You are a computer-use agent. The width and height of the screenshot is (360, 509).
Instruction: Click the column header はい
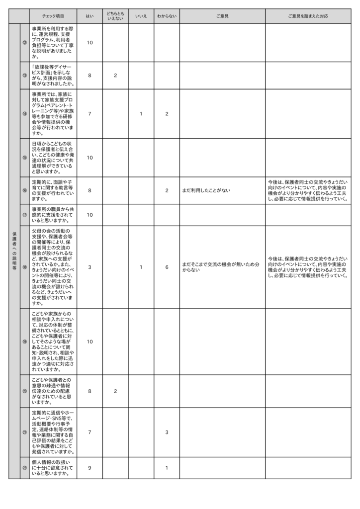point(90,16)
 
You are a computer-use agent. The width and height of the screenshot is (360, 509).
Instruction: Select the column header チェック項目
point(53,16)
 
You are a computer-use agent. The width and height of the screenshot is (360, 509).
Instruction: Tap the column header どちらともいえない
point(115,16)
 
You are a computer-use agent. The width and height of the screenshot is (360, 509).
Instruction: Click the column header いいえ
point(141,16)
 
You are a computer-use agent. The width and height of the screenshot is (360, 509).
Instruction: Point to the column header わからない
point(167,16)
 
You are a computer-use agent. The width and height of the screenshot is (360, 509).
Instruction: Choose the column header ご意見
point(222,16)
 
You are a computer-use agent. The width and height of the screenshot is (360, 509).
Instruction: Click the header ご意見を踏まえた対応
point(308,16)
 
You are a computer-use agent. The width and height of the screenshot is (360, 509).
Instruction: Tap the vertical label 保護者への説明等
point(14,250)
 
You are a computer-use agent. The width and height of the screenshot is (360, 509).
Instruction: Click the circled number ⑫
point(24,43)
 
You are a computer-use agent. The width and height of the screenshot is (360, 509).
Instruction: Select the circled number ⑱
point(24,267)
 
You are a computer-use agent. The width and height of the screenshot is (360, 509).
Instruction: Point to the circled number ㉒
point(24,468)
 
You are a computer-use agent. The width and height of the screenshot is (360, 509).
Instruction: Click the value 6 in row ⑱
point(167,267)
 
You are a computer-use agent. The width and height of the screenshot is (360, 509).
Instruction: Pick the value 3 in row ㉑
point(167,432)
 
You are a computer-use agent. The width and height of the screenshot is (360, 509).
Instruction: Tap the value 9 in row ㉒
point(90,468)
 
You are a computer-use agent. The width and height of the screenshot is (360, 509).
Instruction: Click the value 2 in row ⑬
point(115,76)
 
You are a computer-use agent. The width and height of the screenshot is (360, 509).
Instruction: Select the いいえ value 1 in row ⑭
point(141,114)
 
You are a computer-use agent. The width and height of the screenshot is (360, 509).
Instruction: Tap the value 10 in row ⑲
point(90,341)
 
